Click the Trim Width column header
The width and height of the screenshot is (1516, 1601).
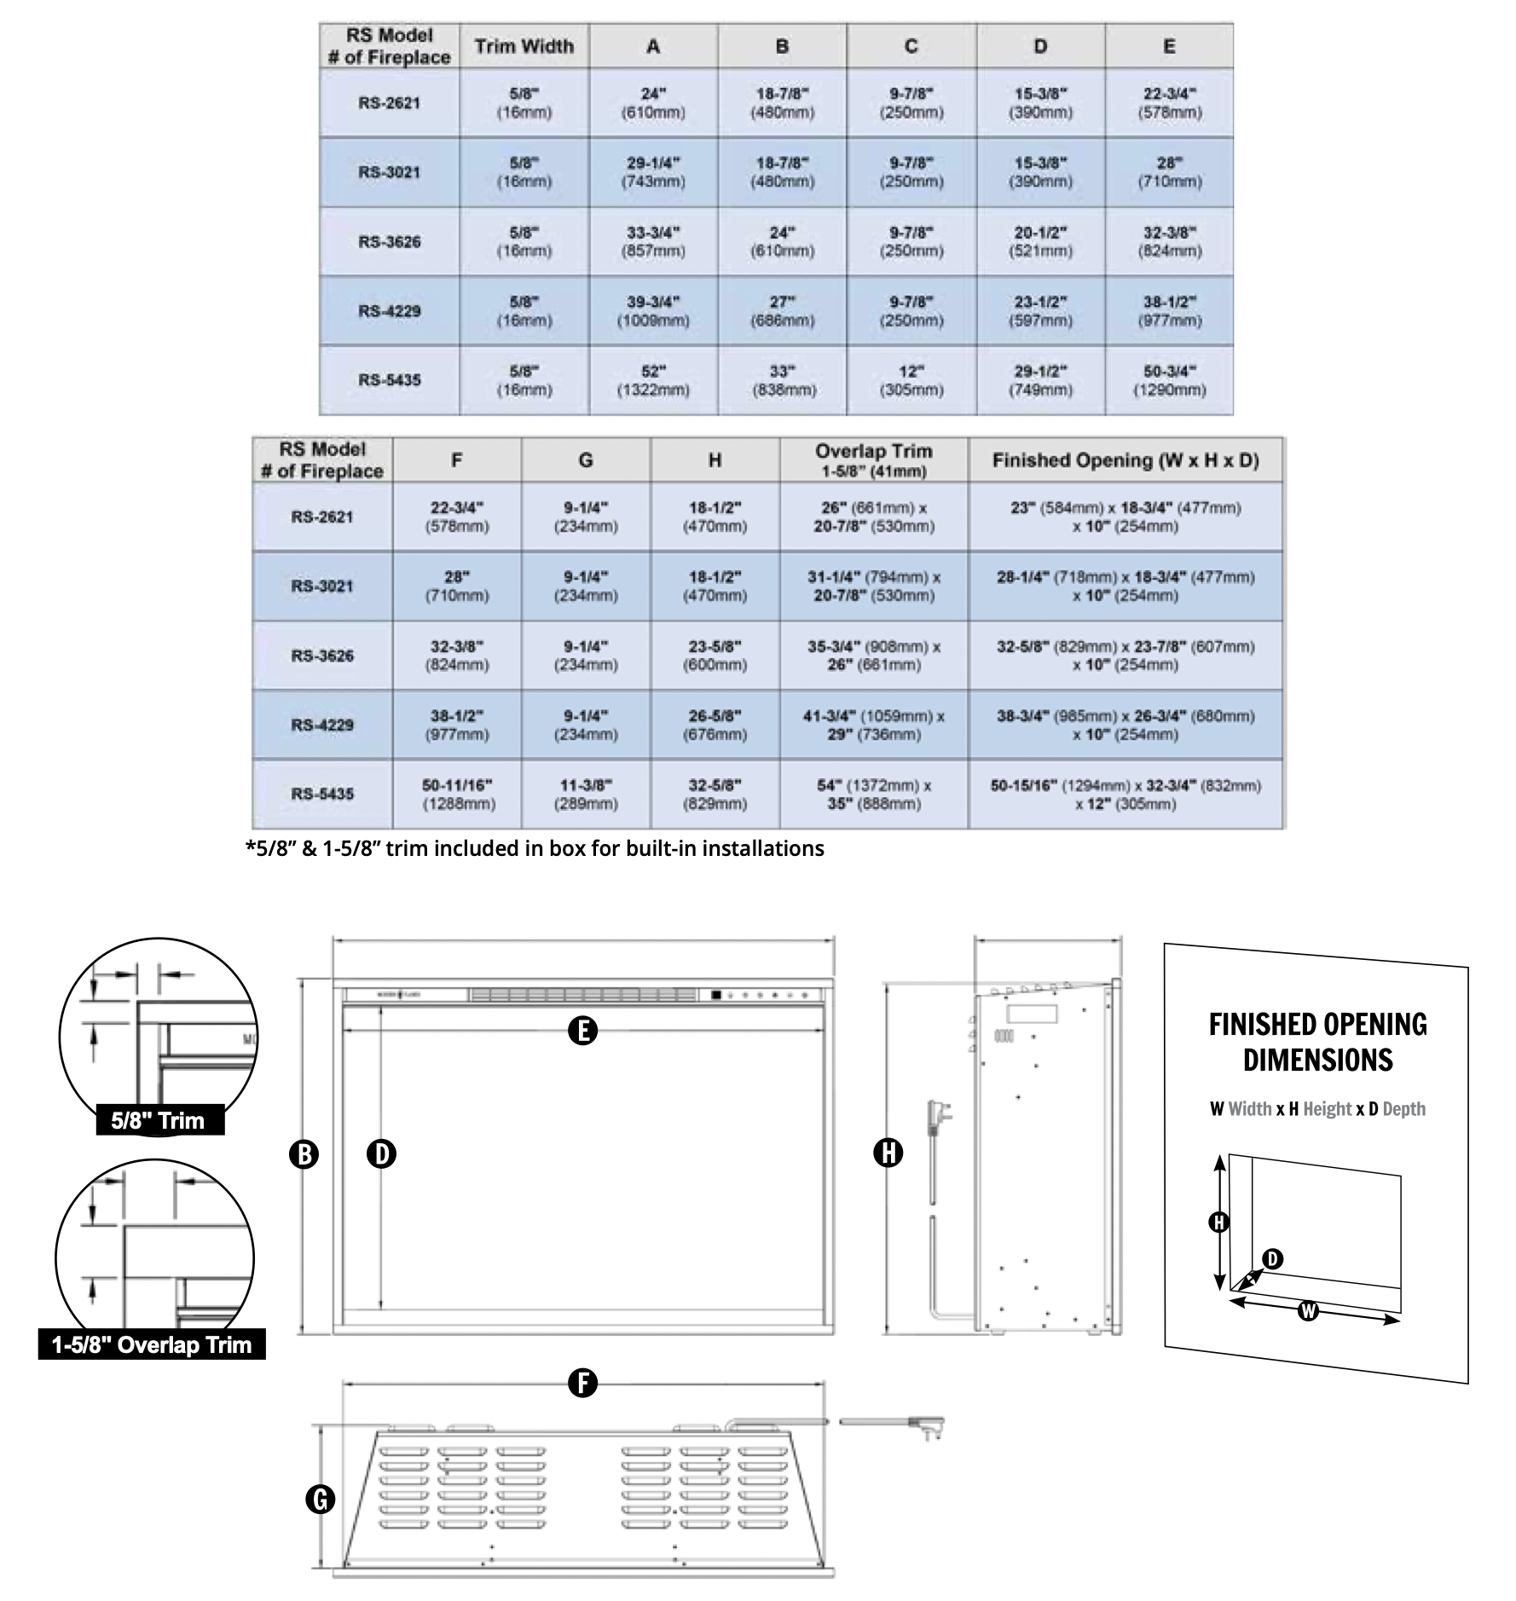pyautogui.click(x=524, y=46)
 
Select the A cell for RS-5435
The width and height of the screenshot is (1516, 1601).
pyautogui.click(x=653, y=380)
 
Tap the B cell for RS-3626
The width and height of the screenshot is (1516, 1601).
pyautogui.click(x=782, y=241)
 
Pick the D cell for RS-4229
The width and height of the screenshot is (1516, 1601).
pyautogui.click(x=1040, y=311)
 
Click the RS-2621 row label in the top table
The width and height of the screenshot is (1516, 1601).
pyautogui.click(x=390, y=103)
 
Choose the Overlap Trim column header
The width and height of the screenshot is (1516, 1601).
pyautogui.click(x=873, y=459)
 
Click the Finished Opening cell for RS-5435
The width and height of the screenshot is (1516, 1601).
pyautogui.click(x=1125, y=794)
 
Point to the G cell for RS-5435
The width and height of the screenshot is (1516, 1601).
pyautogui.click(x=586, y=794)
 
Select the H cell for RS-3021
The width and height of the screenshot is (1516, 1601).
pyautogui.click(x=715, y=586)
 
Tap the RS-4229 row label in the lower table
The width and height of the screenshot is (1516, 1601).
pyautogui.click(x=322, y=725)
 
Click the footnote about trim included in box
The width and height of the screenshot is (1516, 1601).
pyautogui.click(x=535, y=848)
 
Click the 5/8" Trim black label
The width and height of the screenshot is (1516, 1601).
pyautogui.click(x=159, y=1119)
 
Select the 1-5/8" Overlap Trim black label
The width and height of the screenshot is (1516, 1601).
pyautogui.click(x=152, y=1344)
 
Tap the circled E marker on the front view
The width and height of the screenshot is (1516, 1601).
pyautogui.click(x=582, y=1031)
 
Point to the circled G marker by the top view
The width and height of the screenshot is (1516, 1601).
pyautogui.click(x=320, y=1500)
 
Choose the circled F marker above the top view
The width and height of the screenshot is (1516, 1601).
pyautogui.click(x=582, y=1383)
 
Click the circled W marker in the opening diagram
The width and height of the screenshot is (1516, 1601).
pyautogui.click(x=1308, y=1310)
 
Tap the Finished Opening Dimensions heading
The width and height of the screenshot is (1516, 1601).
pyautogui.click(x=1317, y=1042)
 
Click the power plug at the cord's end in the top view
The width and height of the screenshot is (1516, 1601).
pyautogui.click(x=929, y=1427)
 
